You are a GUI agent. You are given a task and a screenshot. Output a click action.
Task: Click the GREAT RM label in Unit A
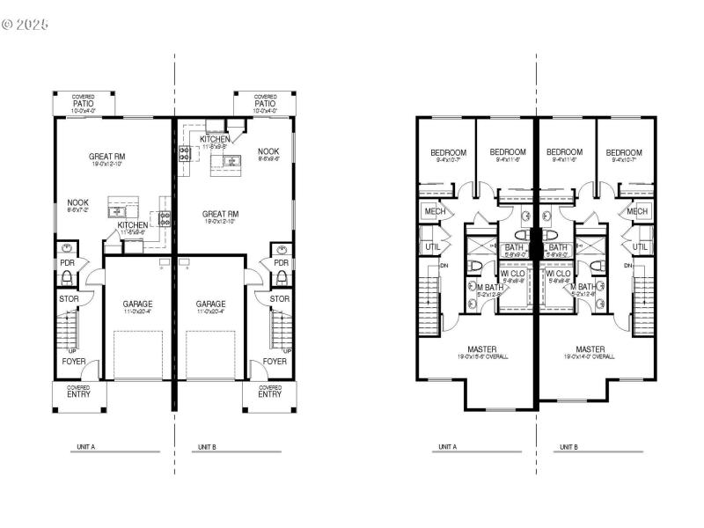[x=107, y=157]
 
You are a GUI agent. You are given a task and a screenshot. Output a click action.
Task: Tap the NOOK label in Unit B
[x=268, y=151]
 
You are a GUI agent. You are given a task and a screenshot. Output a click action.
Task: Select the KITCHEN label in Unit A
[x=133, y=225]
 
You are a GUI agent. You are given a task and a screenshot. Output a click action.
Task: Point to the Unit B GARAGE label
[x=210, y=304]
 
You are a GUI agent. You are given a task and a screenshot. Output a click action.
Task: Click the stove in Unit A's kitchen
[x=164, y=217]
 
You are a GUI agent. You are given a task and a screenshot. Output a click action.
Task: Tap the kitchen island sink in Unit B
[x=232, y=160]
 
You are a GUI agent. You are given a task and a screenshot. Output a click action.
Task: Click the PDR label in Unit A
[x=67, y=262]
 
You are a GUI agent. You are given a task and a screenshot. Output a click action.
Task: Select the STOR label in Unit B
[x=280, y=299]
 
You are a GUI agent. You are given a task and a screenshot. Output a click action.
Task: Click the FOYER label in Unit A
[x=73, y=361]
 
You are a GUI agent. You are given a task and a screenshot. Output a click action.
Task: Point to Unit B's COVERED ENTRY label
[x=269, y=392]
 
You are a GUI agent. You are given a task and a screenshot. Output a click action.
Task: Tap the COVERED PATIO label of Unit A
[x=84, y=101]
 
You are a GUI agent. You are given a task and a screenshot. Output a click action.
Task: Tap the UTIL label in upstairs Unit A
[x=432, y=247]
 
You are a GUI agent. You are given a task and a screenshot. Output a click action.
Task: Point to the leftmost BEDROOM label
[x=448, y=152]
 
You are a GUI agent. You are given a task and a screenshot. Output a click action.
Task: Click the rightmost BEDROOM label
[x=624, y=152]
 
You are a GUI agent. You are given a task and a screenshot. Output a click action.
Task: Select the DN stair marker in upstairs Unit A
[x=444, y=265]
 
